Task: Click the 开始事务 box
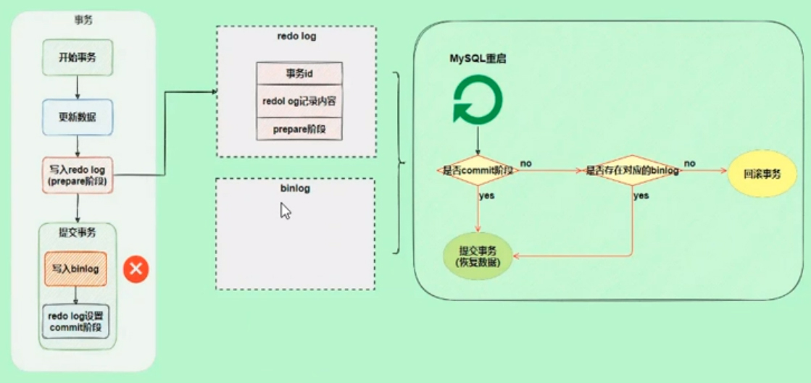tap(78, 57)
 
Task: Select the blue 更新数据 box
tap(78, 117)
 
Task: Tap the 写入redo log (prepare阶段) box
tap(78, 174)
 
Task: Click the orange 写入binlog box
tap(75, 269)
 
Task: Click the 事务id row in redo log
tap(299, 74)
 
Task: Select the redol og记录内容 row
tap(299, 101)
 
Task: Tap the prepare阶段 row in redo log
tap(299, 128)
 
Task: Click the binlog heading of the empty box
tap(295, 190)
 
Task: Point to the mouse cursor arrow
tap(285, 210)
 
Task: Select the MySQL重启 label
tap(478, 59)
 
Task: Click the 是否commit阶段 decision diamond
tap(478, 171)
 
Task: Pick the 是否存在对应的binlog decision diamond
tap(632, 171)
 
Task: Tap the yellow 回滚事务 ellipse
tap(762, 174)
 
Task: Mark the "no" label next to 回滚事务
tap(690, 163)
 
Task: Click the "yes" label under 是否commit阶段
tap(487, 195)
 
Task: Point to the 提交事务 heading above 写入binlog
tap(76, 233)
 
